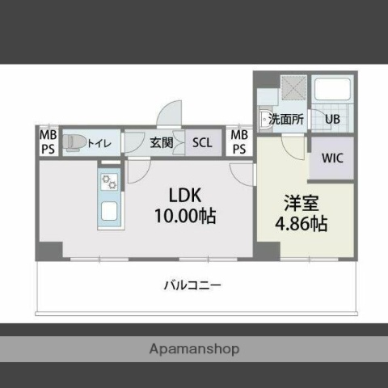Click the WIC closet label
[332, 158]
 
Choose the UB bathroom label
[332, 119]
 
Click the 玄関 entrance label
[162, 143]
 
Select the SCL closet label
[202, 143]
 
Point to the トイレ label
[100, 143]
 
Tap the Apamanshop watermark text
[194, 350]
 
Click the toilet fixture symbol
[74, 142]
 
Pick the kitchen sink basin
[109, 213]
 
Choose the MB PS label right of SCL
[238, 143]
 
